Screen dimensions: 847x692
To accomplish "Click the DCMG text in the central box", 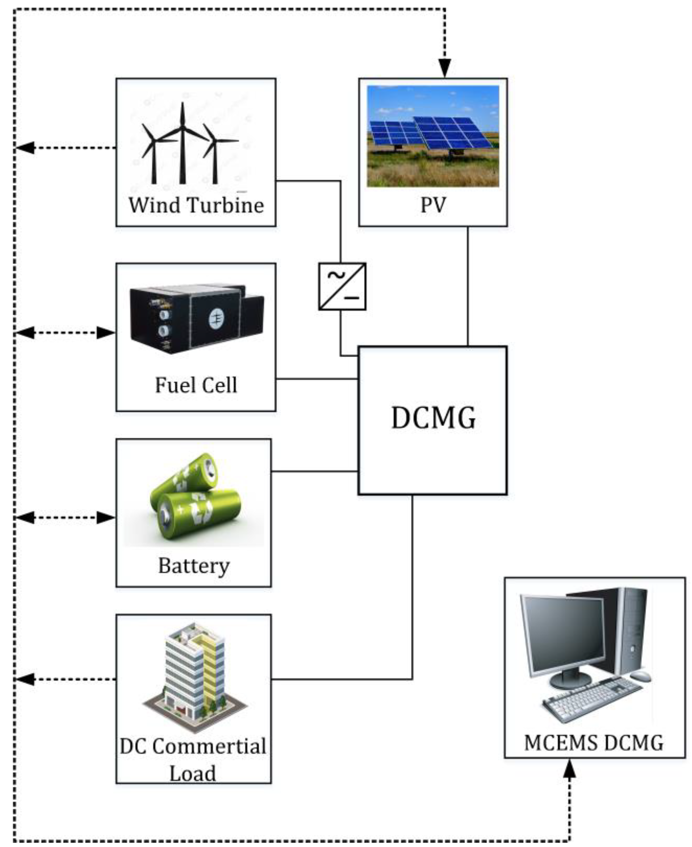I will [433, 418].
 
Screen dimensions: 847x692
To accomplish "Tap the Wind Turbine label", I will [196, 205].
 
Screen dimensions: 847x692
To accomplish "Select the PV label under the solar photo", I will [433, 205].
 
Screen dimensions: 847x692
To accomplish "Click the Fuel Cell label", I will [196, 385].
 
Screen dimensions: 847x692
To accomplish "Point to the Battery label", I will [194, 566].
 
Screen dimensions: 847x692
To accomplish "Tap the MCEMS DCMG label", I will [594, 743].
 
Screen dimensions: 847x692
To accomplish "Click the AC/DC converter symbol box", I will [342, 286].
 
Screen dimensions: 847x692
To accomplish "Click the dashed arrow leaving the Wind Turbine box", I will [66, 148].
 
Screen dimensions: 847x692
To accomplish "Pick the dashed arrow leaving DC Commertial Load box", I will [66, 679].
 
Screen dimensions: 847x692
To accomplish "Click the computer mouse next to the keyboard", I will [640, 676].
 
